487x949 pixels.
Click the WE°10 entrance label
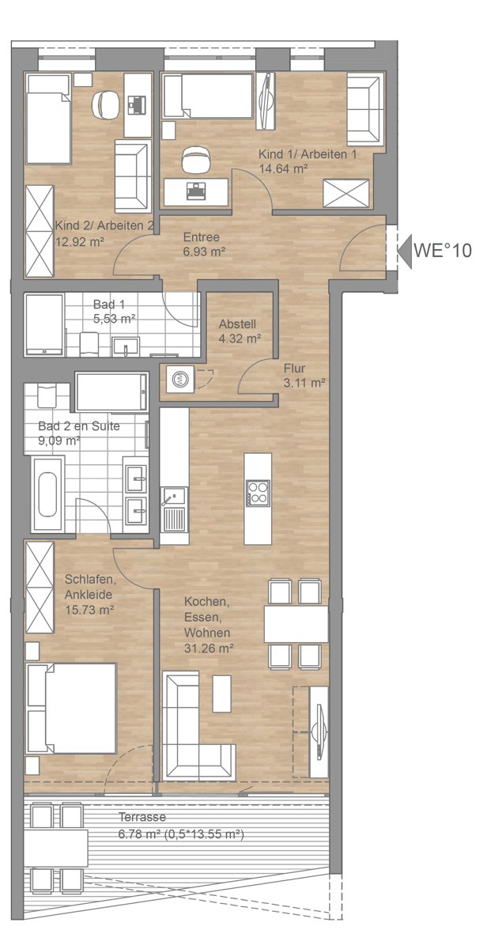442,251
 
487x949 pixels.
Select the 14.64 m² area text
283,168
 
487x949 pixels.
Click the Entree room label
201,236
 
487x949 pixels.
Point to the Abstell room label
237,324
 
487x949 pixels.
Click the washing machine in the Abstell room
180,377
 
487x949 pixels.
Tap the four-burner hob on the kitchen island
258,493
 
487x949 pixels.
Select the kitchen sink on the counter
174,496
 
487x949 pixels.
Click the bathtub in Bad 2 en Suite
47,494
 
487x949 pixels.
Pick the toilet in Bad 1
89,344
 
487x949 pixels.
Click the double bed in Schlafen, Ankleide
70,709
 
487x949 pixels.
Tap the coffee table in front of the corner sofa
221,694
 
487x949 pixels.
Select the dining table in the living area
296,624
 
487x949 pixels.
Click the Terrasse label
142,816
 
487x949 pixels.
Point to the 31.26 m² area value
209,648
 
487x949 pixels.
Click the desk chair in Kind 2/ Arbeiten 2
104,104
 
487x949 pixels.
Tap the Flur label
294,369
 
